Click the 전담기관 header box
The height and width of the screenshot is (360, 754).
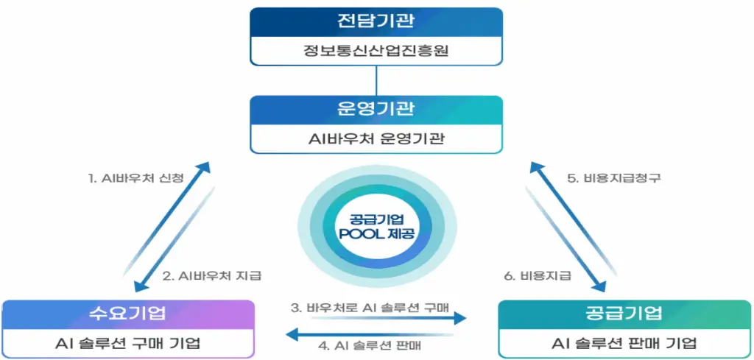(x=376, y=22)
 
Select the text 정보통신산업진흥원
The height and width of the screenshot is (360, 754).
(x=376, y=51)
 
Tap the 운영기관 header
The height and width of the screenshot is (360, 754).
(x=376, y=110)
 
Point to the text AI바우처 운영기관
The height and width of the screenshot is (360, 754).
(x=376, y=139)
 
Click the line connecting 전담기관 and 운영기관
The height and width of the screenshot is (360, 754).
(x=376, y=81)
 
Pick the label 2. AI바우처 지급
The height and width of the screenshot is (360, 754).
(x=212, y=276)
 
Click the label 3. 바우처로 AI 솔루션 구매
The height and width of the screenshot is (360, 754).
(x=370, y=308)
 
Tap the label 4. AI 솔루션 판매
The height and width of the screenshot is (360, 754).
(x=371, y=345)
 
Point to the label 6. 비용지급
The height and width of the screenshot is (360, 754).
(x=537, y=276)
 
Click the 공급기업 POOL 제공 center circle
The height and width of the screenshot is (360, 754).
(x=376, y=227)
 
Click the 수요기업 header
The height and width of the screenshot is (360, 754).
(x=128, y=314)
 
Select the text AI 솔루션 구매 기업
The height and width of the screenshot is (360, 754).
(x=128, y=343)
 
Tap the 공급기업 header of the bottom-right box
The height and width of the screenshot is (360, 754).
(x=624, y=314)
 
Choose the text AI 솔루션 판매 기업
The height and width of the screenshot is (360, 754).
(x=624, y=343)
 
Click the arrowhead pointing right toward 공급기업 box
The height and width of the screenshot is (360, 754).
(x=461, y=318)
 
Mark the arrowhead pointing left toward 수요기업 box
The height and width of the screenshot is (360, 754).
(x=292, y=333)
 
